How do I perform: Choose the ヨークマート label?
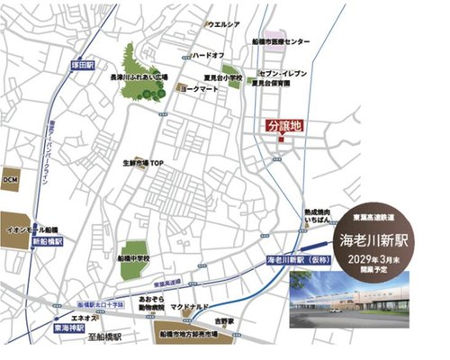[202, 90]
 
